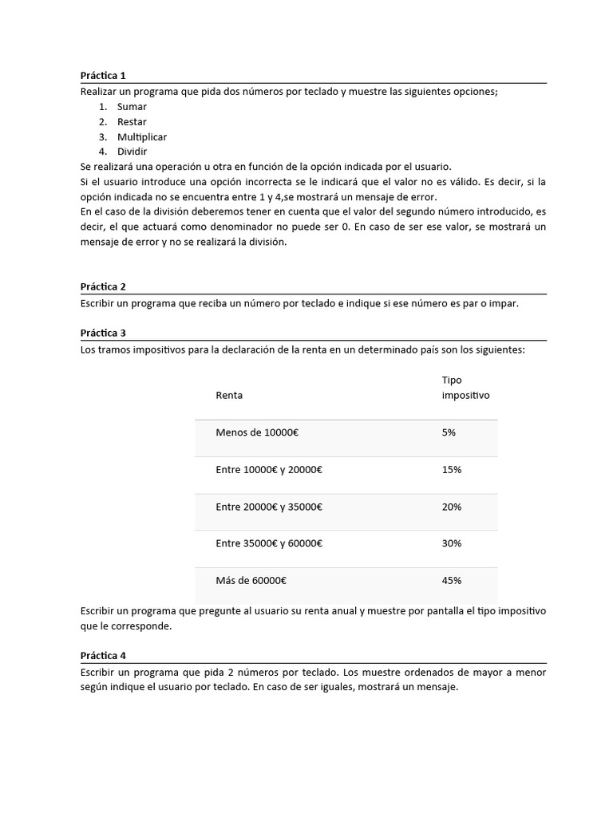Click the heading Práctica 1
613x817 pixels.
(103, 76)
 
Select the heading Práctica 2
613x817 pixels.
(103, 286)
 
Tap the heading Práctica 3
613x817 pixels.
(103, 333)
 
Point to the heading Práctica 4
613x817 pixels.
(103, 656)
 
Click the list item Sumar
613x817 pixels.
(132, 107)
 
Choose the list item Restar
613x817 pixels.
(132, 122)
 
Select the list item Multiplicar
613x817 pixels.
(142, 137)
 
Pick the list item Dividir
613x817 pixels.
(132, 152)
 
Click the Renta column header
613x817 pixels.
(229, 395)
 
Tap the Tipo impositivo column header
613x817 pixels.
(465, 388)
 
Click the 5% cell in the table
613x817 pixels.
(449, 432)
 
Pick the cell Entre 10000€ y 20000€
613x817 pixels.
(269, 470)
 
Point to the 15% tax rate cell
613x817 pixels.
(451, 470)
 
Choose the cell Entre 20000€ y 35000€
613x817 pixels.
(269, 507)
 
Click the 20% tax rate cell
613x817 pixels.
(451, 507)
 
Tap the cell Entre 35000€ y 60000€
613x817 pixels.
(269, 543)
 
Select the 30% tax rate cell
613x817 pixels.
(451, 543)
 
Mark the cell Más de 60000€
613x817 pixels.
(251, 581)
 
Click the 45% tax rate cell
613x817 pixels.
(451, 581)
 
